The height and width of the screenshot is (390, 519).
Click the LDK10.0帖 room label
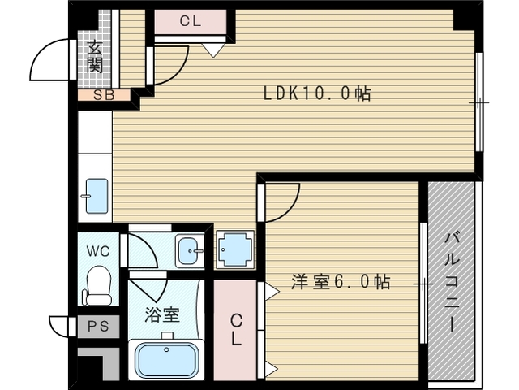[x=317, y=93]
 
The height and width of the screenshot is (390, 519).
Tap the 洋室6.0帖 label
[x=341, y=282]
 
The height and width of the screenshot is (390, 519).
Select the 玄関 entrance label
[x=95, y=57]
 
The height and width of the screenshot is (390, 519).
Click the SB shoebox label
[x=104, y=95]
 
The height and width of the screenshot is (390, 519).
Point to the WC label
[x=98, y=251]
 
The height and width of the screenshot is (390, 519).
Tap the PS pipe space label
[x=98, y=327]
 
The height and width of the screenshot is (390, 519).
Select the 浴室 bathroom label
[x=162, y=314]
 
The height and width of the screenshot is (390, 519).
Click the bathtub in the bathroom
[x=166, y=359]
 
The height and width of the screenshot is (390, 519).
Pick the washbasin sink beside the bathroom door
[x=190, y=251]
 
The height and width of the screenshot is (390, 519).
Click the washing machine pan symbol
[x=235, y=249]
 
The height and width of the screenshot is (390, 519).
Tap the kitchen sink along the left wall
[x=96, y=196]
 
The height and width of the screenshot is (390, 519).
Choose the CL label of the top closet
[x=191, y=21]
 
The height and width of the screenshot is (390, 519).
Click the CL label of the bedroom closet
[x=236, y=330]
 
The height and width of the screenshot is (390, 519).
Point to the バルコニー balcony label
[x=452, y=282]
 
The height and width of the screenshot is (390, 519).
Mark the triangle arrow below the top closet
[x=213, y=50]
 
